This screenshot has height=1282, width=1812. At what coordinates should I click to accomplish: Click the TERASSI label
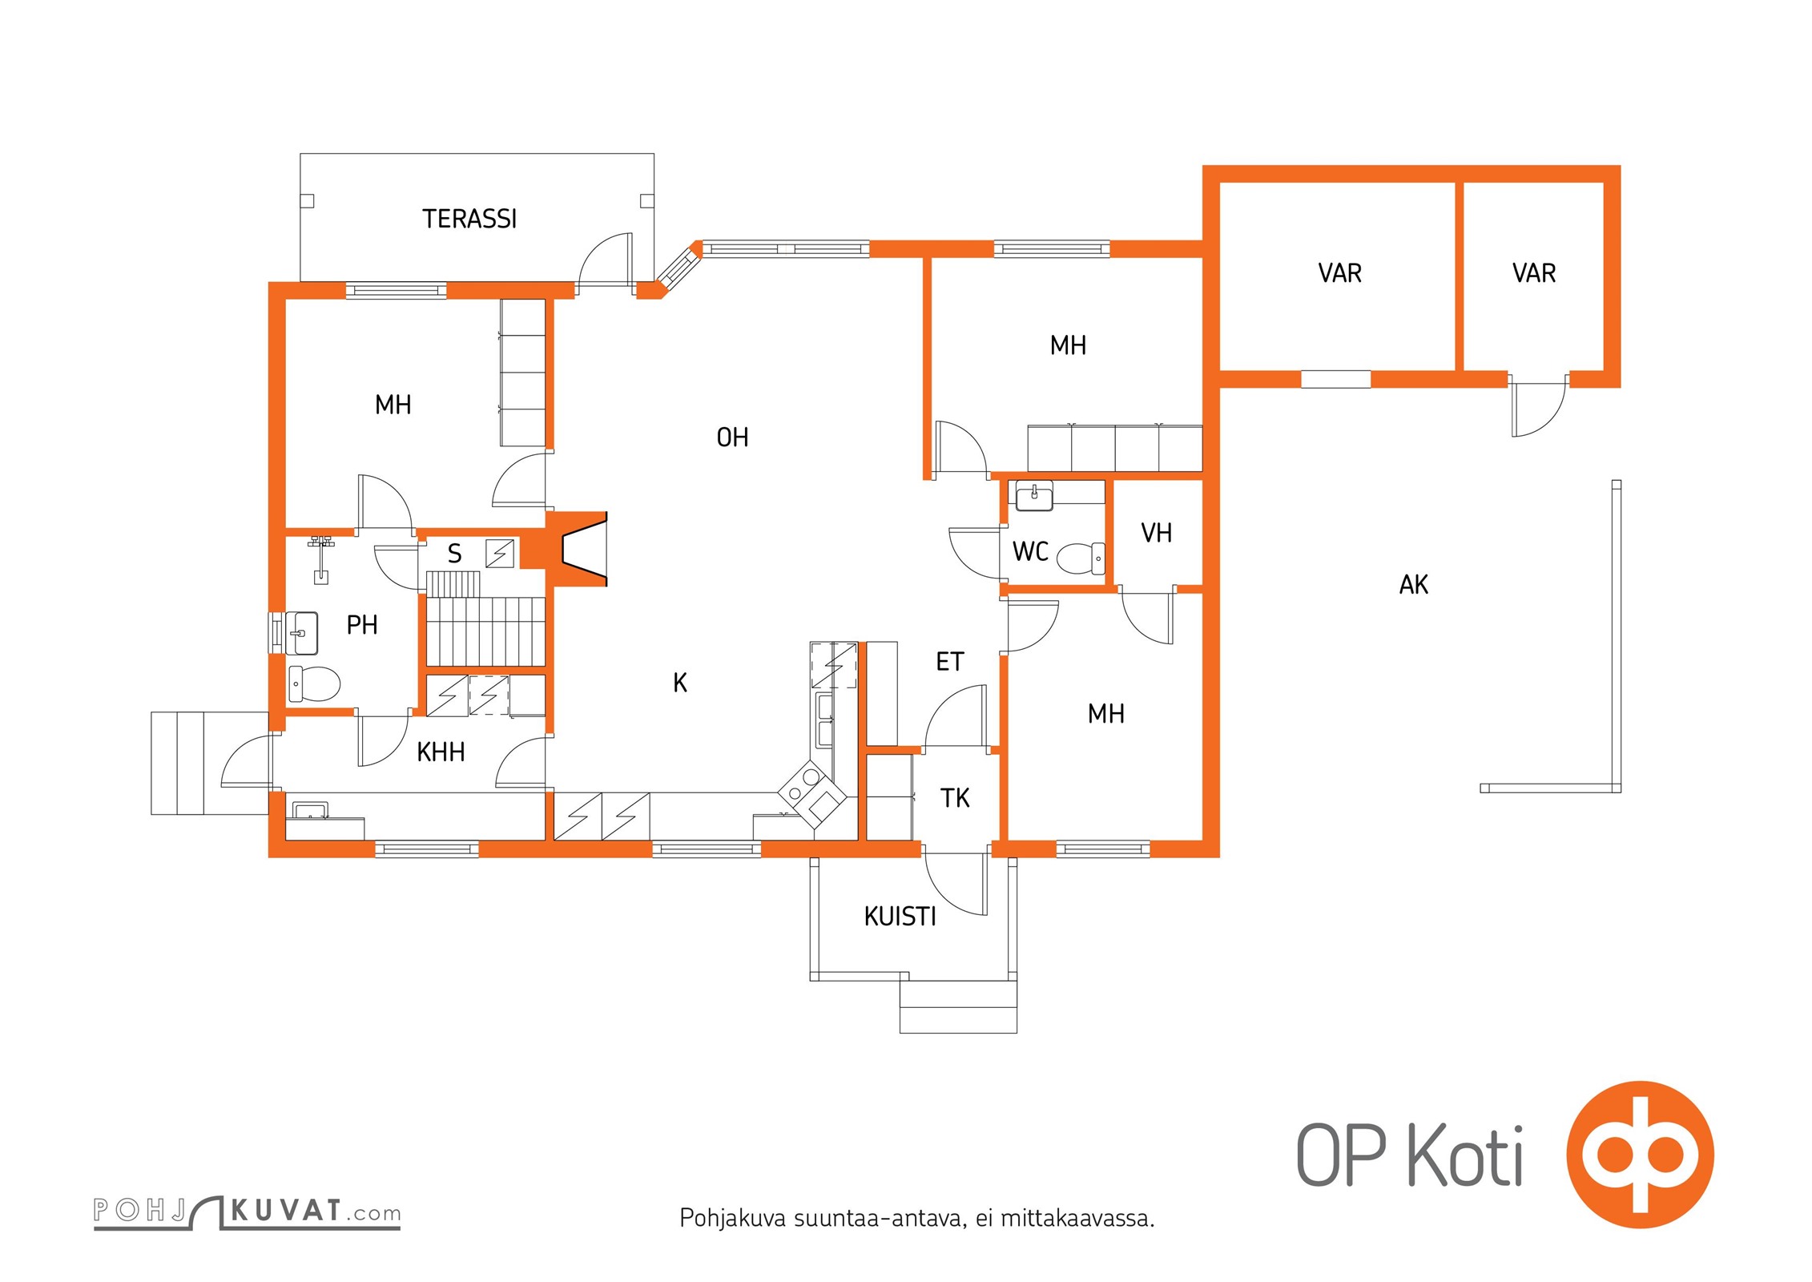469,219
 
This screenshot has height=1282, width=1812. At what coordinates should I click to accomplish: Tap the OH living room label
732,437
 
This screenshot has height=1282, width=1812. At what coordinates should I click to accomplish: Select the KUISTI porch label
900,917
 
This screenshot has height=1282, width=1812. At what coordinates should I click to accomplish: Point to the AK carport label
1414,585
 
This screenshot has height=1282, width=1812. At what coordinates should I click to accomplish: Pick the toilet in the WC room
1081,558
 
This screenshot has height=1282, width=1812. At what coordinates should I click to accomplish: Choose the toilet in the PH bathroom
314,684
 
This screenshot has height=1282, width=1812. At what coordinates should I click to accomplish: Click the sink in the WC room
1034,496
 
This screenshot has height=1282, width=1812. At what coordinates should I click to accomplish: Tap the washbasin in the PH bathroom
302,633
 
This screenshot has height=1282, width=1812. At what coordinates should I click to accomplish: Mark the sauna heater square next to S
500,553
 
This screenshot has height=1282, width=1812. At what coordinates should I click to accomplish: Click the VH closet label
1156,533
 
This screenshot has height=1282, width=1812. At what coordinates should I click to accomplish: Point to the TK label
955,798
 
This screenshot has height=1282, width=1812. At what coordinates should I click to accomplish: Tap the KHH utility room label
441,752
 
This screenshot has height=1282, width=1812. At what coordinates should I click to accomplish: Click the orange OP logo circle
1640,1155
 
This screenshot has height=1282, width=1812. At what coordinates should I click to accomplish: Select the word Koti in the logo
1465,1155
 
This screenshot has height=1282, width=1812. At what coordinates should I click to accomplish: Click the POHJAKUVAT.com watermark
247,1211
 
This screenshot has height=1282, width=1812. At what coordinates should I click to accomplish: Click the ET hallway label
950,662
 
